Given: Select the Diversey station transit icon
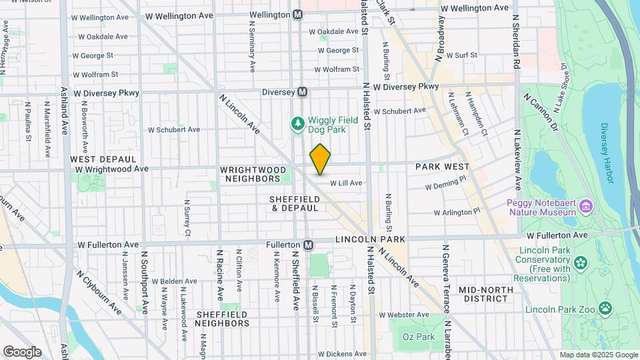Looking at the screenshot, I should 302,92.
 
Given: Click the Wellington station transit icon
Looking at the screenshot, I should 297,14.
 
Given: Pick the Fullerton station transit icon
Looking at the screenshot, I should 308,245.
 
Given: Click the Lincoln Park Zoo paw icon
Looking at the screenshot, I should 605,308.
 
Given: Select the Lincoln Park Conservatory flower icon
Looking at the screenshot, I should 581,261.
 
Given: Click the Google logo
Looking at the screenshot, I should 22,351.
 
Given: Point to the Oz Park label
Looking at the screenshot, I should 419,337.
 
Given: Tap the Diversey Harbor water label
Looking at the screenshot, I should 610,141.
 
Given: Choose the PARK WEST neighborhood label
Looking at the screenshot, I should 443,167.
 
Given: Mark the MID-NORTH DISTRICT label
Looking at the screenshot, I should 486,294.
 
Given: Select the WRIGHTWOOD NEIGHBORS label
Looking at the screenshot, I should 250,175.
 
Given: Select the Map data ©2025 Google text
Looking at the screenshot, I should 598,355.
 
